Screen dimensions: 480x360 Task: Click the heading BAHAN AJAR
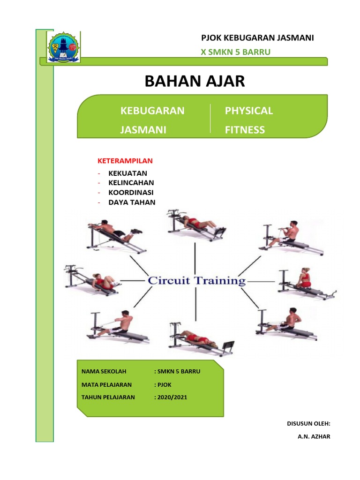pyautogui.click(x=195, y=81)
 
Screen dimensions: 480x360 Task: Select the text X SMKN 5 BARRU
pyautogui.click(x=235, y=52)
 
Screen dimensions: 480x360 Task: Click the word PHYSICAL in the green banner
pyautogui.click(x=248, y=111)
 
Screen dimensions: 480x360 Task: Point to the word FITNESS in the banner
pyautogui.click(x=245, y=130)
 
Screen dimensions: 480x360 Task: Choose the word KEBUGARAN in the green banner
pyautogui.click(x=152, y=111)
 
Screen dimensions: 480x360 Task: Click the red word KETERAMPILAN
pyautogui.click(x=125, y=161)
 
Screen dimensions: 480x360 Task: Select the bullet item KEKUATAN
pyautogui.click(x=127, y=173)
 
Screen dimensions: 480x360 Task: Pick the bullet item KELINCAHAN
pyautogui.click(x=131, y=183)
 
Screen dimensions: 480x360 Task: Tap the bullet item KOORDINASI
pyautogui.click(x=131, y=193)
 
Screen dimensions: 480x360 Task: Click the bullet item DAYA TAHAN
pyautogui.click(x=132, y=202)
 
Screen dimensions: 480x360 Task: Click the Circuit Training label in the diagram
pyautogui.click(x=196, y=281)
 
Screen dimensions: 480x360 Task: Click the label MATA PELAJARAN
pyautogui.click(x=106, y=384)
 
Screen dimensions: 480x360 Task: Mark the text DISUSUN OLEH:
pyautogui.click(x=308, y=423)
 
